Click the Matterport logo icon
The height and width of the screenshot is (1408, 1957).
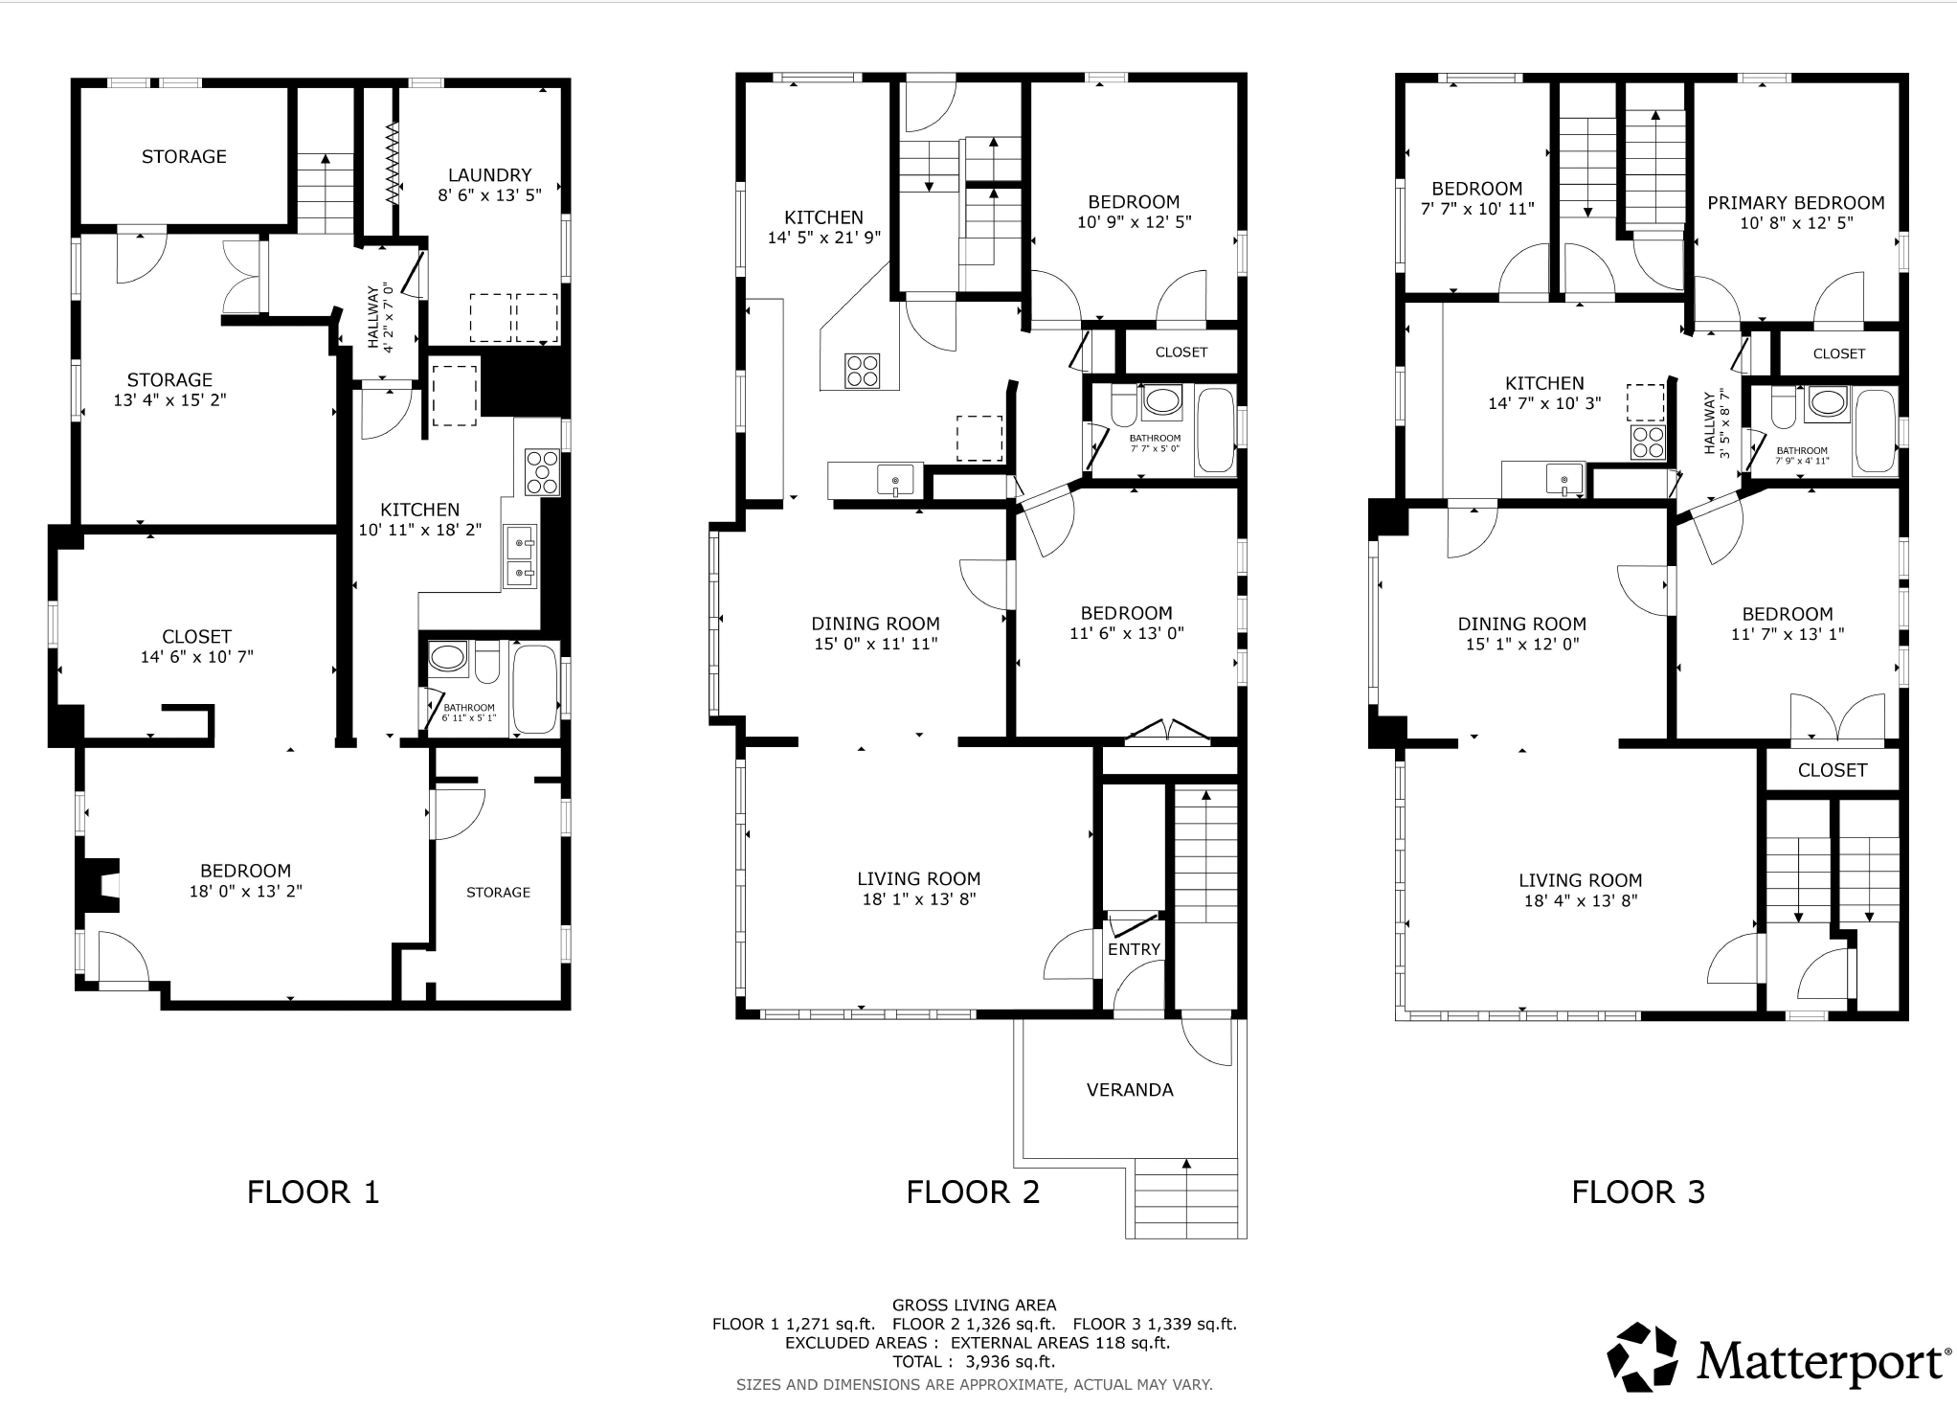(1643, 1357)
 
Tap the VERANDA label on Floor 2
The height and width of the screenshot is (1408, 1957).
(1130, 1089)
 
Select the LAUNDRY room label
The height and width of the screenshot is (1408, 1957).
(489, 175)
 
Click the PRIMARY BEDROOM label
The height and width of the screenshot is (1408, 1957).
(1796, 203)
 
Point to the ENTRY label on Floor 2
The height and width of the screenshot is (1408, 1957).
(1134, 949)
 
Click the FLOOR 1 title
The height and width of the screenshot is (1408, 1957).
(313, 1192)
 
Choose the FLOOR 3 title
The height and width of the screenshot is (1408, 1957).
(1638, 1192)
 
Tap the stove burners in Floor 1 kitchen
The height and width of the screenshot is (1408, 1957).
(542, 472)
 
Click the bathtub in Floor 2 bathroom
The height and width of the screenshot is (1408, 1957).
(1216, 430)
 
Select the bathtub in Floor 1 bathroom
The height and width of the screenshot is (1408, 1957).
(535, 689)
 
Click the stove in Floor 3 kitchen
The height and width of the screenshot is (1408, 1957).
(1649, 443)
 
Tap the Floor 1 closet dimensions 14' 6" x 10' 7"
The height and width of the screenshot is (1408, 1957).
(197, 657)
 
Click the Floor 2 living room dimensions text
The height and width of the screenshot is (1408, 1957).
(919, 899)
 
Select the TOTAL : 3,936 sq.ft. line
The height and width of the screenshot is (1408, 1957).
(975, 1362)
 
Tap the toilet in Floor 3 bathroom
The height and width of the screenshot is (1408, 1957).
(1784, 408)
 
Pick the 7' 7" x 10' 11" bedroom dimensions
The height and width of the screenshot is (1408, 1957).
(1477, 209)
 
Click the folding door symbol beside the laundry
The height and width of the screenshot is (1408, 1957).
(394, 161)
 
